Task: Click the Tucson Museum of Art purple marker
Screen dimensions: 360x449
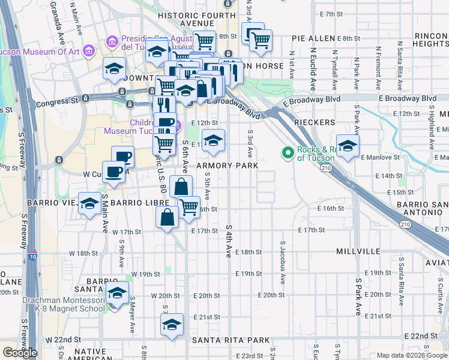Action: pos(89,50)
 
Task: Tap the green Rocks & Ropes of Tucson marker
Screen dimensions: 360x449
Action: pos(288,154)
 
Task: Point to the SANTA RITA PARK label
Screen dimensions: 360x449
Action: pos(231,340)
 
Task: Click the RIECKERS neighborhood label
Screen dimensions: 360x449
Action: pos(315,122)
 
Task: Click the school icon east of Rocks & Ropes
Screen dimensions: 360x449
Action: pos(348,146)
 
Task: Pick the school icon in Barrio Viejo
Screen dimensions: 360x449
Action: pos(89,203)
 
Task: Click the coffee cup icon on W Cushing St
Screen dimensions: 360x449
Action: pos(113,172)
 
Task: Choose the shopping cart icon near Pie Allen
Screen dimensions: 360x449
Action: pos(261,40)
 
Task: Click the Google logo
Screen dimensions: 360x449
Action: pos(20,353)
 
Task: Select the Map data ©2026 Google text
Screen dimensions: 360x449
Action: pos(412,355)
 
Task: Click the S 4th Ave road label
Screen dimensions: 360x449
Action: pos(229,241)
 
